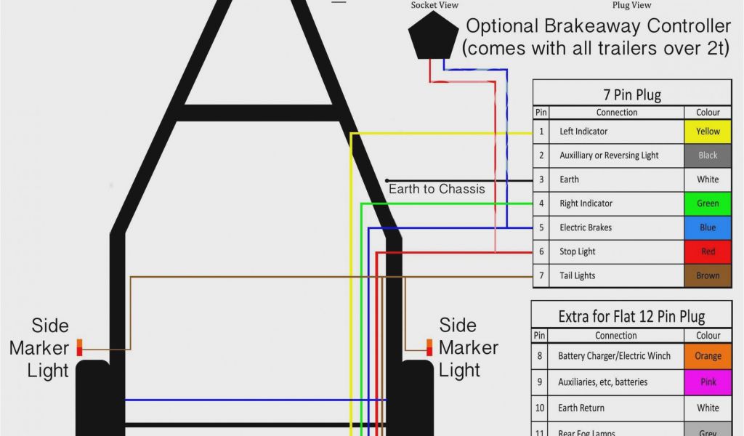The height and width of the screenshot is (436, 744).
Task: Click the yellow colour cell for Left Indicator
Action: click(x=708, y=132)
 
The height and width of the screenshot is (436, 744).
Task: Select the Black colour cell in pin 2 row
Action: click(x=708, y=156)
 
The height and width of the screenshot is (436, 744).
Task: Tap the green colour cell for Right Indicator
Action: click(x=708, y=203)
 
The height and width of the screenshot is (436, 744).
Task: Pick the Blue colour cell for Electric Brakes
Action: click(x=708, y=227)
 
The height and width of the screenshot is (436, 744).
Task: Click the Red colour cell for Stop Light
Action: click(x=708, y=251)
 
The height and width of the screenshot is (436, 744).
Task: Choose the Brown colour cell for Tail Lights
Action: click(x=708, y=275)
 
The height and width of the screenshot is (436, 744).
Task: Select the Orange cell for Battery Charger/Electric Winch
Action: click(x=708, y=356)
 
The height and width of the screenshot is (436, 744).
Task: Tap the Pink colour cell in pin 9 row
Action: click(x=708, y=382)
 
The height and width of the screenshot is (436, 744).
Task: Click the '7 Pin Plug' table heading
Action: click(x=632, y=94)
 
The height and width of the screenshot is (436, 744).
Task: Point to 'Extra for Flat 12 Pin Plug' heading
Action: click(x=631, y=317)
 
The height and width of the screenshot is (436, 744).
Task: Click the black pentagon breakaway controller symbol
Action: click(x=432, y=36)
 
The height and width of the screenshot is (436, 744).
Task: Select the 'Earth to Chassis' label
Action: click(x=437, y=189)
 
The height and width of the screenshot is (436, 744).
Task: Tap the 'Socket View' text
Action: click(x=434, y=5)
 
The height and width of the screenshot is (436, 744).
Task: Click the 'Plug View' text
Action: click(x=631, y=5)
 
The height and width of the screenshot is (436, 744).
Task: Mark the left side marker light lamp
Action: click(x=80, y=347)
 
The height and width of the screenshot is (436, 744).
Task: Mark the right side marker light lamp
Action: click(x=429, y=347)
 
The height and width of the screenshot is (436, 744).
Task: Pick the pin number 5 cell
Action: click(x=541, y=227)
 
